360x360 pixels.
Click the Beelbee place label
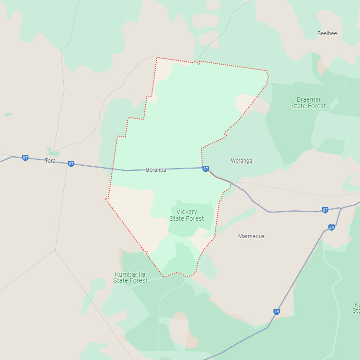tap(327, 33)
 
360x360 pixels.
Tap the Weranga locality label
tap(241, 161)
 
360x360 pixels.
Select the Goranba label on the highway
tap(156, 170)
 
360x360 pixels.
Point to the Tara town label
tap(50, 161)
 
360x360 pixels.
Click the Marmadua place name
tap(251, 236)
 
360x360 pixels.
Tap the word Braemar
tap(309, 99)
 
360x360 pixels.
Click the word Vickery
tap(187, 212)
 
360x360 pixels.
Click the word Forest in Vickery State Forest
tap(195, 218)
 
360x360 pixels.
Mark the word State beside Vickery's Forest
tap(177, 218)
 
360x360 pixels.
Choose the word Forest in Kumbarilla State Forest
tap(139, 280)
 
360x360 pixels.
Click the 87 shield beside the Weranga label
tap(206, 169)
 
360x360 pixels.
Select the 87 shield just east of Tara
tap(71, 164)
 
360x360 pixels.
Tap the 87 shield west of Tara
tap(25, 158)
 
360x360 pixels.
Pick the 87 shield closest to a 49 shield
tap(325, 210)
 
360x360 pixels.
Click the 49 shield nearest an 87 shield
tap(332, 228)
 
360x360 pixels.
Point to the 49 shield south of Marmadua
tap(277, 312)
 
